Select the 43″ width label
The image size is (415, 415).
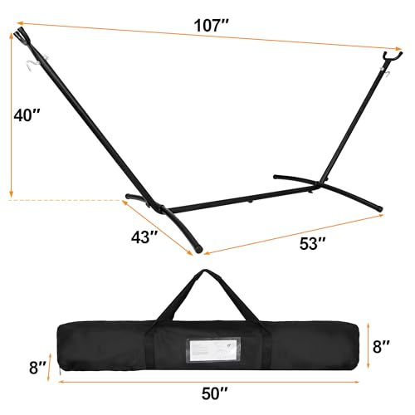click(144, 238)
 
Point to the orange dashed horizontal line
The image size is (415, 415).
click(66, 199)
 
